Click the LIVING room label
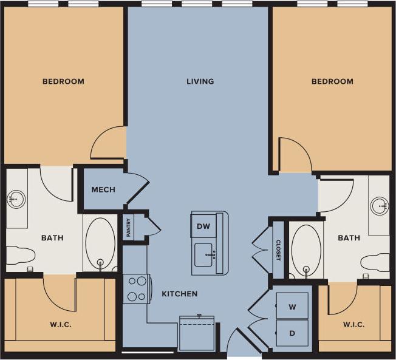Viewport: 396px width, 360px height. point(200,81)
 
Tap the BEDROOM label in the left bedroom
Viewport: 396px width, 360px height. point(63,81)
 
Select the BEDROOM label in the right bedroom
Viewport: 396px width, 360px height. point(332,81)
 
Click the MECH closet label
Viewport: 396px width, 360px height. point(103,189)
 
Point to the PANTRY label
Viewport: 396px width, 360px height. point(128,228)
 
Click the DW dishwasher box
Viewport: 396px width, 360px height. point(203,226)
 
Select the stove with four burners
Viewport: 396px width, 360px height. point(137,288)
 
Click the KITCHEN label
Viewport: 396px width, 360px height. point(179,294)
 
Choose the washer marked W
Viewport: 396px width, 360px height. point(292,307)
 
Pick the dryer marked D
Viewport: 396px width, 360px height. point(292,333)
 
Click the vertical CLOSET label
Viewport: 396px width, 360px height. point(278,250)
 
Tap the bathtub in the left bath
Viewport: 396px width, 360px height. point(100,243)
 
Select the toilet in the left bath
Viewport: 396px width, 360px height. point(20,257)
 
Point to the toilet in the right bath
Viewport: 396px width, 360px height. point(375,262)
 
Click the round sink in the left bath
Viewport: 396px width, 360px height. point(16,199)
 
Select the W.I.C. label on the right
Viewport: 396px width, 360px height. point(353,325)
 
